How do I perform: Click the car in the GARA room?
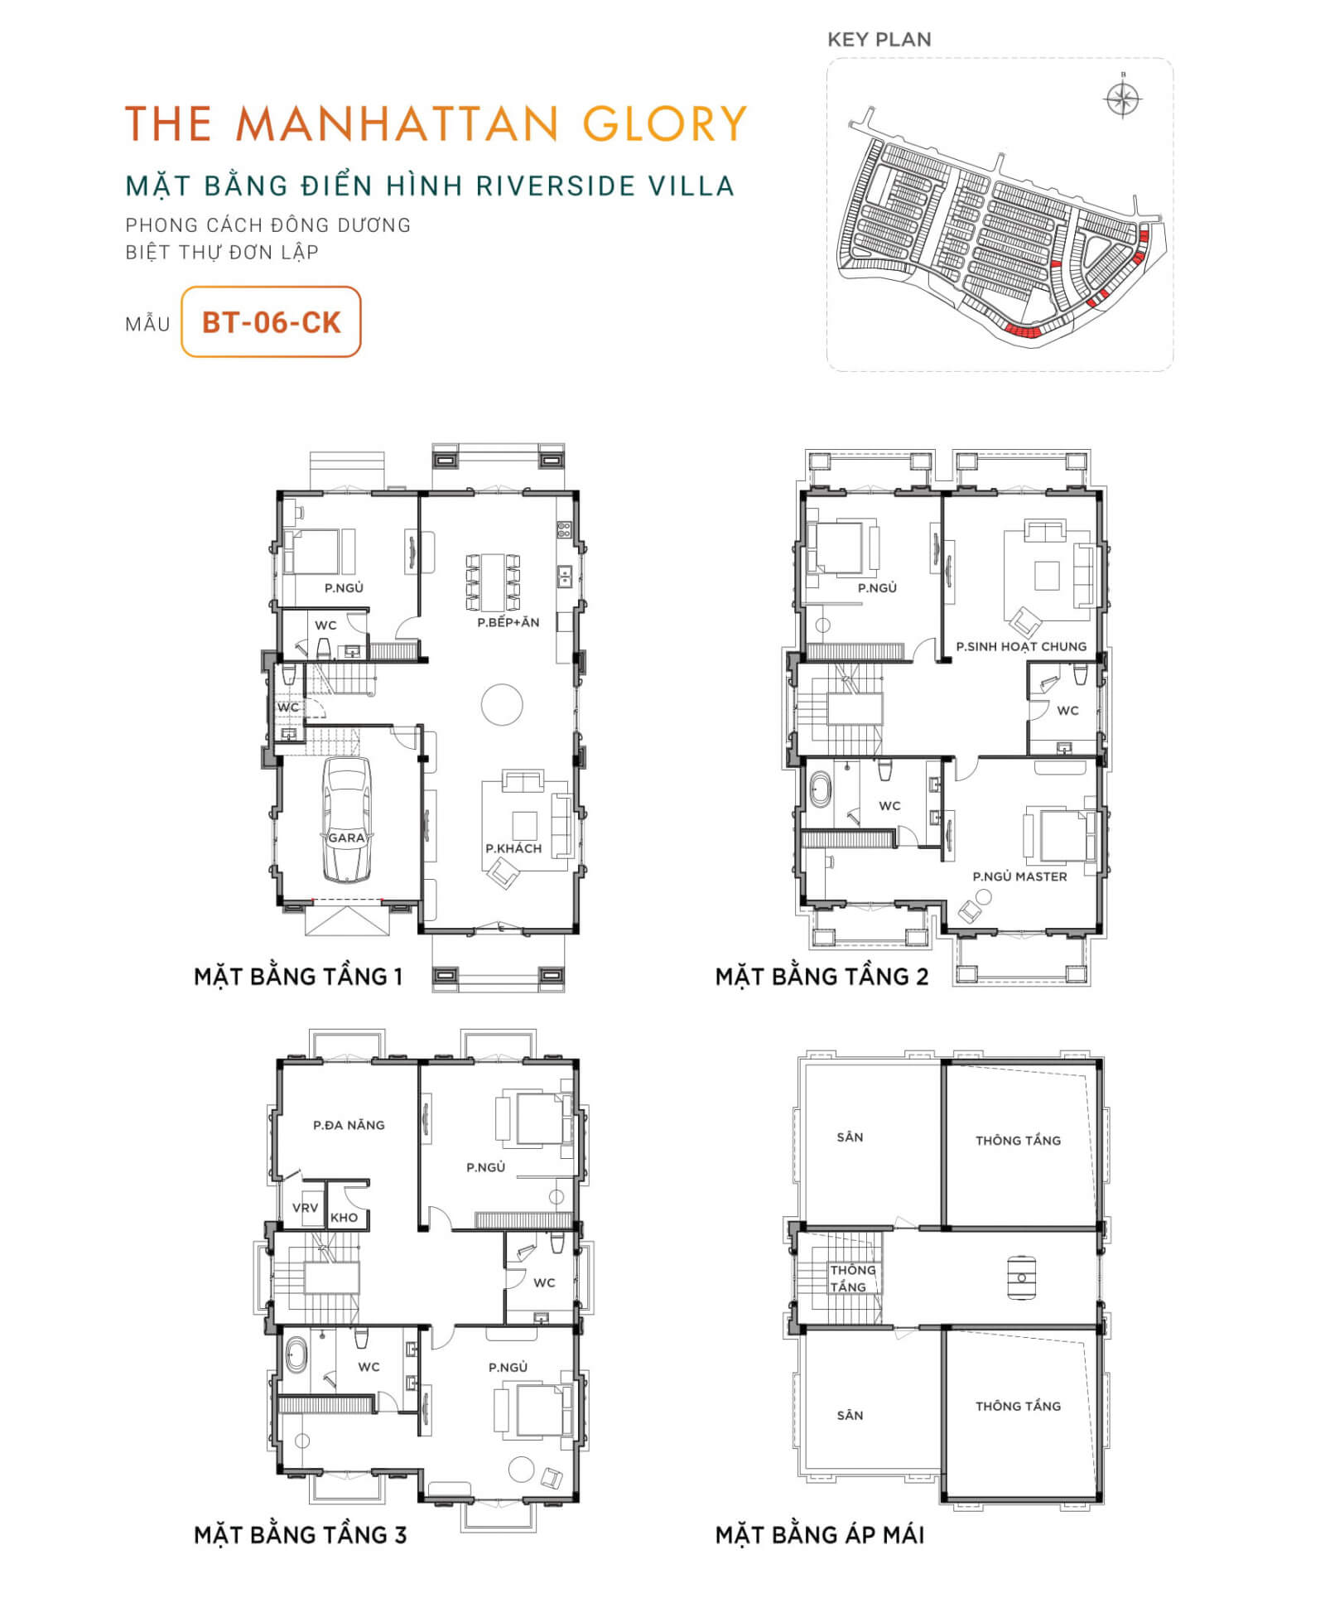[x=346, y=819]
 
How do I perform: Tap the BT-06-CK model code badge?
[x=271, y=321]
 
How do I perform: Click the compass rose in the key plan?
[x=1123, y=99]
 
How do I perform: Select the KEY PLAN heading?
[x=879, y=39]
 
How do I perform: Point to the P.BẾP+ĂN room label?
[x=508, y=622]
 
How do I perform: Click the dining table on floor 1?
[x=493, y=582]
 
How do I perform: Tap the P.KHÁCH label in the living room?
[x=513, y=848]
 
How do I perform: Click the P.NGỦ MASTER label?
[x=1019, y=876]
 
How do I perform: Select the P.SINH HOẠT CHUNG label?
[x=1021, y=646]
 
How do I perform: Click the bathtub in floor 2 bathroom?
[x=820, y=789]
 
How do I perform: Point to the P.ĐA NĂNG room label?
[x=349, y=1125]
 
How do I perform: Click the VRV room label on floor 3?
[x=305, y=1208]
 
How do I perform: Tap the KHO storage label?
[x=344, y=1218]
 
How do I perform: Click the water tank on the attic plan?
[x=1021, y=1277]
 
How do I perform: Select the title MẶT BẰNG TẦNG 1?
[x=298, y=977]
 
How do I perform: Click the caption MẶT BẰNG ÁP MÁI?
[x=820, y=1535]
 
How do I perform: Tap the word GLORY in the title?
[x=665, y=124]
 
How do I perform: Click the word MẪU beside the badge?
[x=147, y=324]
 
